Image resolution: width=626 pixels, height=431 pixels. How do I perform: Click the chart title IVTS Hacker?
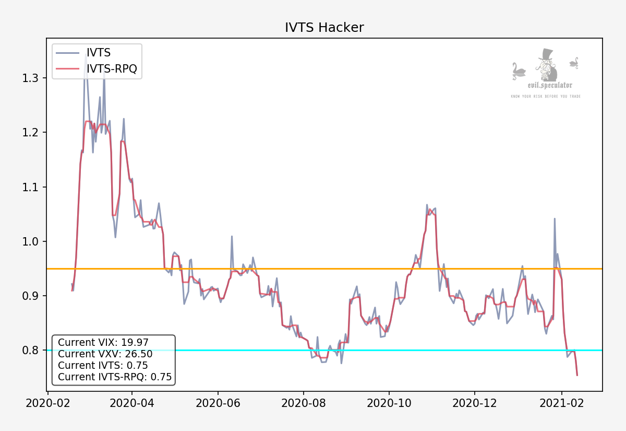point(324,28)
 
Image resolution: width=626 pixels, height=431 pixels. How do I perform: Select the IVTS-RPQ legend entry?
point(112,68)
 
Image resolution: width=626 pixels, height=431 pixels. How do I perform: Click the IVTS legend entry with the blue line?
point(99,53)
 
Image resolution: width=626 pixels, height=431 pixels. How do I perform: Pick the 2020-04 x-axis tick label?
point(132,404)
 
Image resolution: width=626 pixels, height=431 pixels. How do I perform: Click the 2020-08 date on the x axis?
point(303,404)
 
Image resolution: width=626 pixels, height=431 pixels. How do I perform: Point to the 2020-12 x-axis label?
point(474,404)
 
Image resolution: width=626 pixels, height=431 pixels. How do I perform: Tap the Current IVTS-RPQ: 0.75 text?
point(115,377)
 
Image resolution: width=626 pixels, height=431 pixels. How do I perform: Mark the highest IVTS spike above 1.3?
point(86,54)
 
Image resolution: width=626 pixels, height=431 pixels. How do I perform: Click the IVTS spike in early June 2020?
point(232,237)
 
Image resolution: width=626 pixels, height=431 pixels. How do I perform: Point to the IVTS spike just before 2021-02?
point(555,219)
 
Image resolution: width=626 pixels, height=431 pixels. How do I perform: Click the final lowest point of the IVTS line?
point(577,375)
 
